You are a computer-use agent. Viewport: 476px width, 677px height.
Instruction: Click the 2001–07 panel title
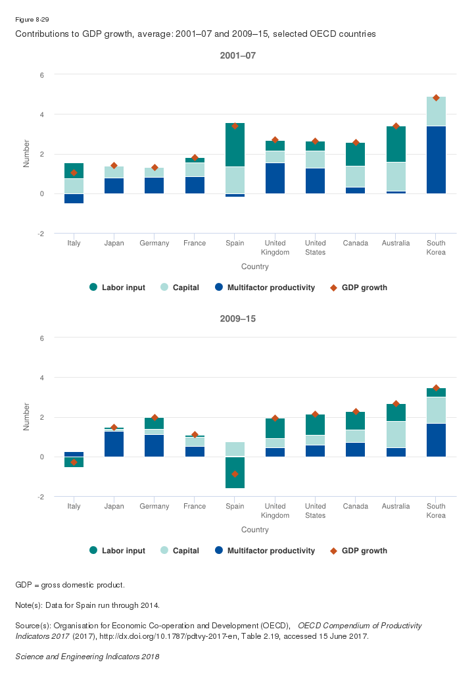tap(237, 56)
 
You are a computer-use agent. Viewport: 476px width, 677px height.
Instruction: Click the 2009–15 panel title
tap(237, 319)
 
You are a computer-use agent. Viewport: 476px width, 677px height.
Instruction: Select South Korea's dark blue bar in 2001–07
tap(436, 160)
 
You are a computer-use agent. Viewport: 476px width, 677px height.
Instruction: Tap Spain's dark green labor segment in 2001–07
tap(235, 145)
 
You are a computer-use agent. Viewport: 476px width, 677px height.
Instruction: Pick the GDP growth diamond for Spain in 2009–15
tap(235, 474)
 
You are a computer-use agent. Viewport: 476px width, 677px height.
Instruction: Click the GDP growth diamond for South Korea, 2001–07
tap(436, 98)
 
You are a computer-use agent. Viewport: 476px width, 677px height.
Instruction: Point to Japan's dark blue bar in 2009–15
tap(114, 444)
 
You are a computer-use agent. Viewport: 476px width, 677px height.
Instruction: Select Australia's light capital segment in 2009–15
tap(396, 434)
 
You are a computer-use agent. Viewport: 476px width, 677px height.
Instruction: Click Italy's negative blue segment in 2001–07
tap(74, 199)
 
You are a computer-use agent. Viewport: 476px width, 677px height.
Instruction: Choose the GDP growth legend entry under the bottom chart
tap(359, 551)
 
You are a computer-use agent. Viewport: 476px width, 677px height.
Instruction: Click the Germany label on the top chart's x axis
tap(155, 243)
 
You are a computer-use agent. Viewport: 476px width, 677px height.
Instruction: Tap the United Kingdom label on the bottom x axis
tap(275, 511)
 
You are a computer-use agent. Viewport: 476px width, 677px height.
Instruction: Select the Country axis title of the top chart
tap(254, 267)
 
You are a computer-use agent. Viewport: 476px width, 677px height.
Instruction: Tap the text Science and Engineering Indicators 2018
tap(87, 657)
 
